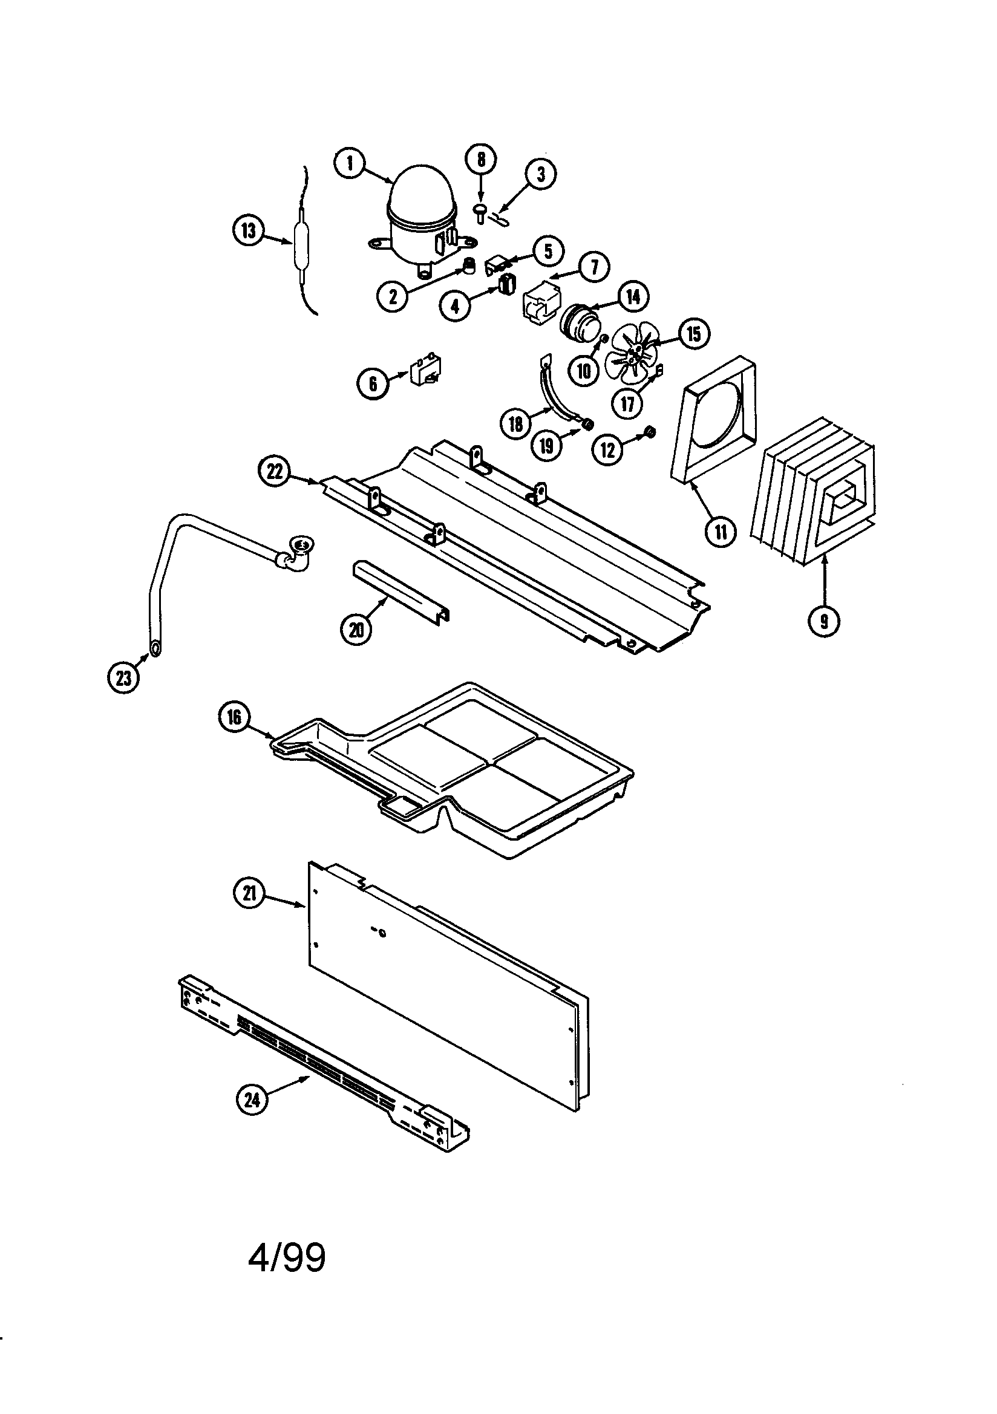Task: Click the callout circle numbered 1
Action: pos(350,163)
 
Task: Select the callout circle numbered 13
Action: pos(247,231)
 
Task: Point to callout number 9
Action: pos(824,621)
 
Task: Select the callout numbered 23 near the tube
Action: pos(124,678)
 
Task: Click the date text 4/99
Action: pos(287,1257)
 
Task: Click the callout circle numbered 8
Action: pos(481,160)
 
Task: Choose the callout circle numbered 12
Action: pos(607,450)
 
